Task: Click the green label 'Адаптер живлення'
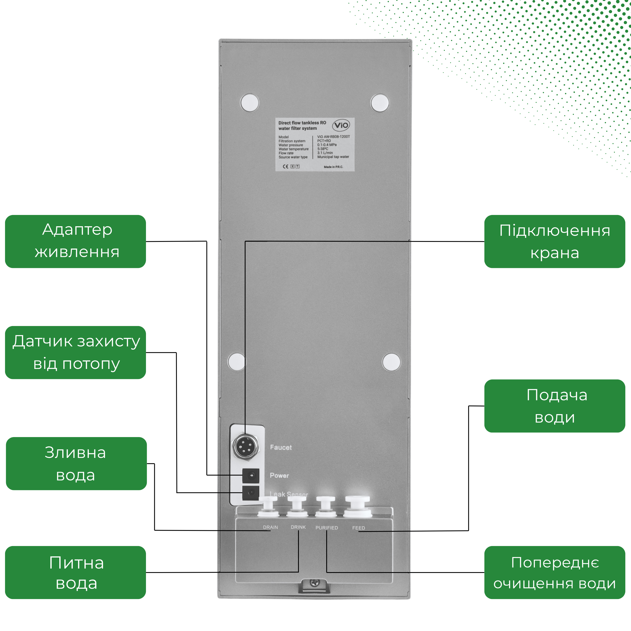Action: tap(76, 241)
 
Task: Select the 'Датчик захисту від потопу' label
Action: tap(76, 352)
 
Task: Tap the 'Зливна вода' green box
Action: tap(76, 463)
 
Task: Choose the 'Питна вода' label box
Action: tap(76, 573)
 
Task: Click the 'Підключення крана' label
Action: tap(554, 241)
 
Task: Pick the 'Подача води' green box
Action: tap(554, 406)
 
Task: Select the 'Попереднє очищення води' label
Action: tap(554, 573)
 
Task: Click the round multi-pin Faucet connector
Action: tap(246, 447)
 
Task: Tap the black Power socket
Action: tap(251, 476)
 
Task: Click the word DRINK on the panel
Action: tap(298, 527)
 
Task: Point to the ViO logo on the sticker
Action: tap(341, 125)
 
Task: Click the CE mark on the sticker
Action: tap(285, 167)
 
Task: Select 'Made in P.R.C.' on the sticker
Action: tap(333, 167)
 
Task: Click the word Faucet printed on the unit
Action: tap(281, 447)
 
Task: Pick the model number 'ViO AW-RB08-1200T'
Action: tap(333, 137)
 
